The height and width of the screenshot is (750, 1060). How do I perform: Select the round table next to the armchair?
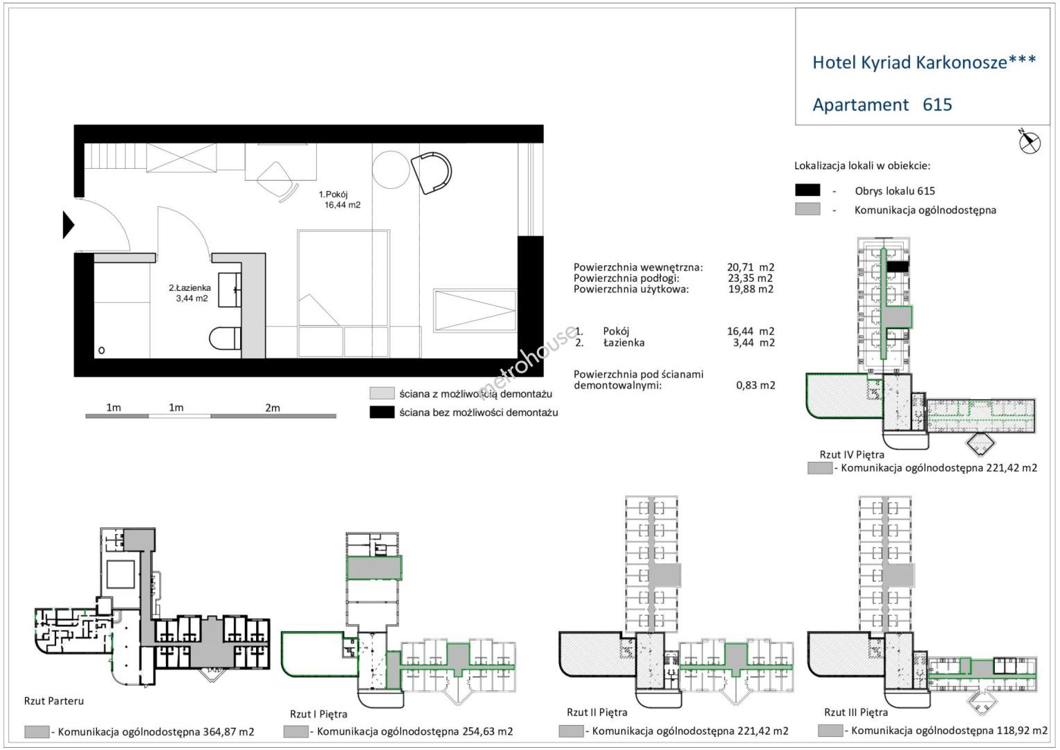[391, 169]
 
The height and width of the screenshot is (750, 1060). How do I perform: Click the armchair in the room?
[431, 172]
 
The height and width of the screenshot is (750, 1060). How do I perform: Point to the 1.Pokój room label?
[333, 194]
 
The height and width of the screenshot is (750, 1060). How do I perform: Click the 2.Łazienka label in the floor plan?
[190, 287]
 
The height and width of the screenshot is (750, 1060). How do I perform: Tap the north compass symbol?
[1029, 141]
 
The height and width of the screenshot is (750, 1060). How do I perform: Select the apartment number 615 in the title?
[937, 104]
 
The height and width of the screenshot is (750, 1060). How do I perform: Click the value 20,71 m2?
[751, 267]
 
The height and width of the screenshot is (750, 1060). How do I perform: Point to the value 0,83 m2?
[755, 385]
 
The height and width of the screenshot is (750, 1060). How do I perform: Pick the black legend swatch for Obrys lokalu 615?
[807, 190]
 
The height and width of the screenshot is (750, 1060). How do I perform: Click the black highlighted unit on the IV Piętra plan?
[897, 267]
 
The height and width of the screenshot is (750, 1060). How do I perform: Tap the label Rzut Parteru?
[54, 701]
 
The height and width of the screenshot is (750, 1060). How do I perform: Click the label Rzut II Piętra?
[597, 712]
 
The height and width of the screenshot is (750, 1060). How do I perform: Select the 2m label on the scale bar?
[273, 408]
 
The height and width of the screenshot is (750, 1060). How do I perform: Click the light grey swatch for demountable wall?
[382, 393]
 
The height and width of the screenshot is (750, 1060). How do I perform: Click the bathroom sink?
[230, 290]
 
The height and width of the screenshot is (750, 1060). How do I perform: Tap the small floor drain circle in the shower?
[101, 351]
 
